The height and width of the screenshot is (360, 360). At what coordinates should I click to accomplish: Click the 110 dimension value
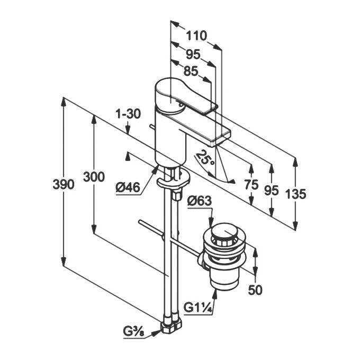(x=196, y=36)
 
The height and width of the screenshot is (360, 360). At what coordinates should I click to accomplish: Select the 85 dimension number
(x=191, y=70)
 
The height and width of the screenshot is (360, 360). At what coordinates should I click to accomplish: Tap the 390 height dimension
(x=63, y=184)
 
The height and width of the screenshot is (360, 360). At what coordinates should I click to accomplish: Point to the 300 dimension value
(x=94, y=177)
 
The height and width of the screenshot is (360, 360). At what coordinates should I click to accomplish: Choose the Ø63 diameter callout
(x=200, y=201)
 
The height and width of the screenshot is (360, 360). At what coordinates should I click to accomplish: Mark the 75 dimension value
(x=251, y=185)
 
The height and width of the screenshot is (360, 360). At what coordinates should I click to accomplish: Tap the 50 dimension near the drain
(x=255, y=290)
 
